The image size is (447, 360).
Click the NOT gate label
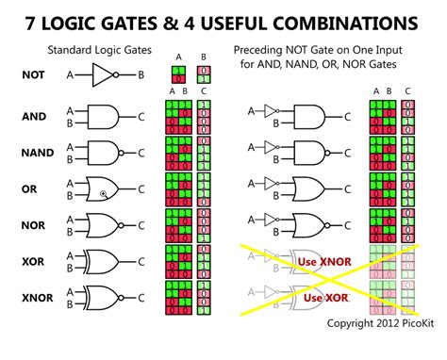[33, 74]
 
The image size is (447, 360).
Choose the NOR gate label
[33, 225]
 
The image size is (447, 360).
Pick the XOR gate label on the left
[33, 261]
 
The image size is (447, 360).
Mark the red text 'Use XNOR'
[321, 261]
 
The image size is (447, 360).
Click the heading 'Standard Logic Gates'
[99, 47]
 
